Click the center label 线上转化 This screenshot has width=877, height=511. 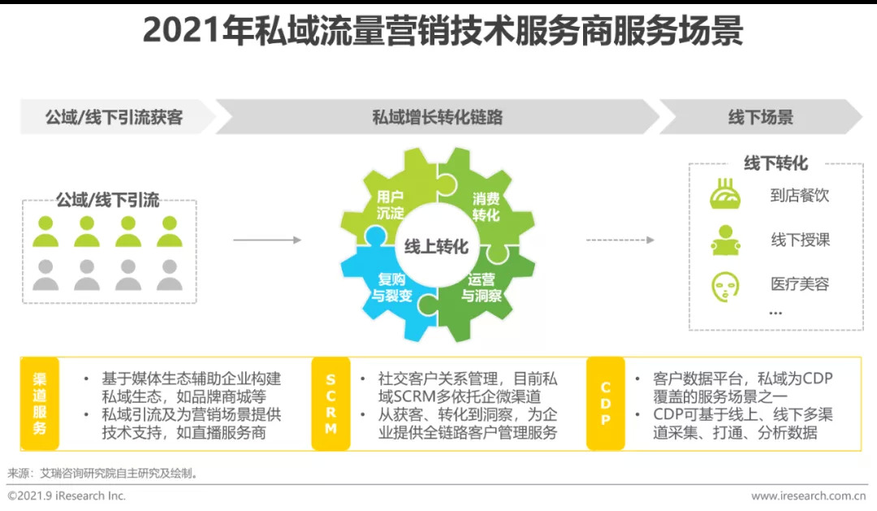pyautogui.click(x=437, y=246)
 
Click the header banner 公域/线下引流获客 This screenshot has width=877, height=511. pyautogui.click(x=114, y=117)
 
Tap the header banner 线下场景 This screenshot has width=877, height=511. pyautogui.click(x=759, y=117)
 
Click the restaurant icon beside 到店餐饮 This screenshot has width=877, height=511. pyautogui.click(x=724, y=196)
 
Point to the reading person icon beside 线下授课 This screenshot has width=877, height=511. pyautogui.click(x=724, y=240)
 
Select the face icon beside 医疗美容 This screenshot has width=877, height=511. pyautogui.click(x=724, y=285)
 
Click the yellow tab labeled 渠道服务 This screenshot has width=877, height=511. pyautogui.click(x=40, y=404)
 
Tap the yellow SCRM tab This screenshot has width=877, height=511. pyautogui.click(x=330, y=404)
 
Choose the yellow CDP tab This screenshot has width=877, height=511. pyautogui.click(x=606, y=404)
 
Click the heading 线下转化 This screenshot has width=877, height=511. pyautogui.click(x=775, y=163)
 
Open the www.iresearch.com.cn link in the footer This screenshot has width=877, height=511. pyautogui.click(x=808, y=496)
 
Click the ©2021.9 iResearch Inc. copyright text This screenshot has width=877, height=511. pyautogui.click(x=67, y=496)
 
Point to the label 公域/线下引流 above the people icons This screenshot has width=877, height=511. pyautogui.click(x=107, y=200)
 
